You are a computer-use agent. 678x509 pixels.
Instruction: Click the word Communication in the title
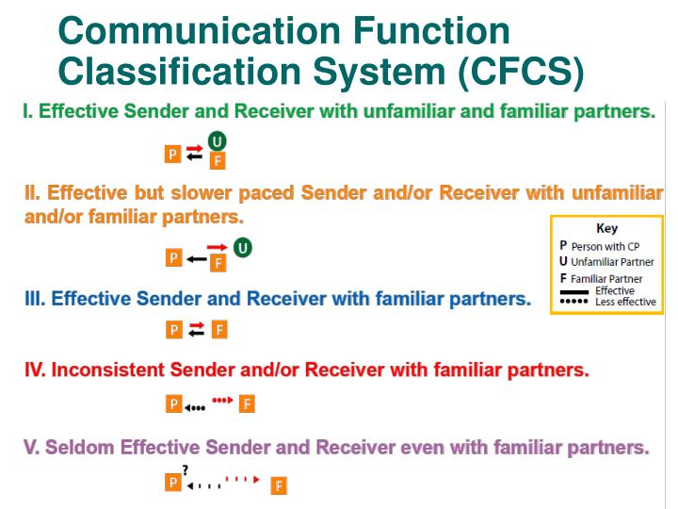(195, 31)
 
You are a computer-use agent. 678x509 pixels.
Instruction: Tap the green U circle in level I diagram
(218, 141)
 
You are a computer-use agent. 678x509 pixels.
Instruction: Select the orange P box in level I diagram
(173, 154)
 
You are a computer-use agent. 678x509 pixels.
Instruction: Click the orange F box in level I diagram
(218, 160)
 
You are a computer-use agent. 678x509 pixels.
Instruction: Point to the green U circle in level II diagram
(243, 248)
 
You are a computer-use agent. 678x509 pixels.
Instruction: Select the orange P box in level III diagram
(174, 329)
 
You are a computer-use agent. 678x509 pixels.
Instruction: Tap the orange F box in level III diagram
(218, 329)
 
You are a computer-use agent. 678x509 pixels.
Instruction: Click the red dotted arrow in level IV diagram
(222, 400)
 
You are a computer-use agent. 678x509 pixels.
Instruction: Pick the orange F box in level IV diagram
(247, 404)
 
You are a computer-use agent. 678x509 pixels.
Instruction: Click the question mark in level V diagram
(186, 469)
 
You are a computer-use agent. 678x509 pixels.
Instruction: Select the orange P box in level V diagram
(173, 482)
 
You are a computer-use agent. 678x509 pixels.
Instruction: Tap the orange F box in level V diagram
(279, 486)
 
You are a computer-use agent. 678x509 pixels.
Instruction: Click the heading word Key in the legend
(606, 228)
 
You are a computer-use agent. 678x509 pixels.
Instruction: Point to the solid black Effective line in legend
(574, 292)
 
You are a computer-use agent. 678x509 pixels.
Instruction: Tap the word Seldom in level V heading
(77, 446)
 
